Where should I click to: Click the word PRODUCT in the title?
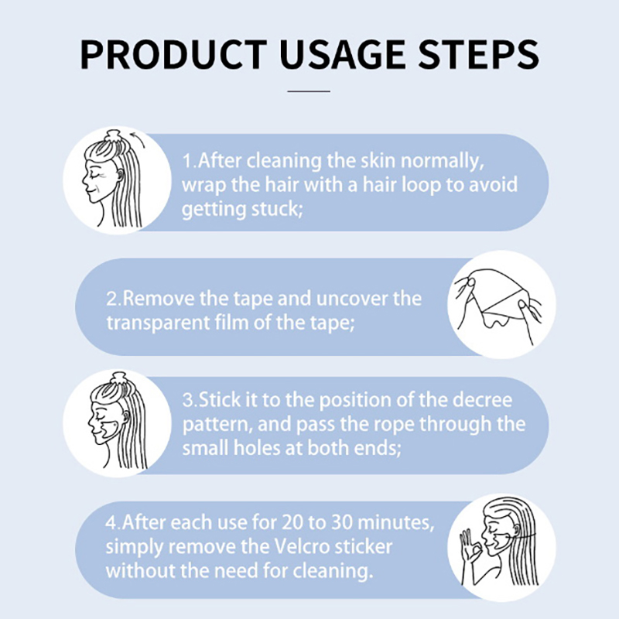coord(173,54)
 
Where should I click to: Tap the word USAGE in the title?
coord(342,54)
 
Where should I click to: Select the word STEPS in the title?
coord(478,54)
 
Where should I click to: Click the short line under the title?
coord(309,91)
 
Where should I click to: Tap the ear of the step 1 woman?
coord(121,176)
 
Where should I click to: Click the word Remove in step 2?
coord(159,299)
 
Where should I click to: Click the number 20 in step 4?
coord(292,523)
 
